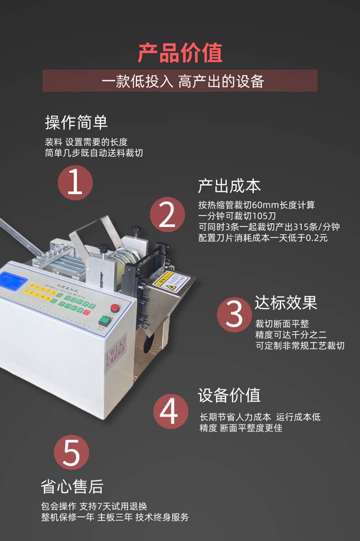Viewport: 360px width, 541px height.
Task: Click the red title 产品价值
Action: (x=180, y=53)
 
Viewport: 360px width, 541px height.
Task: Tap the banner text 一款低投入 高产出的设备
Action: (x=180, y=81)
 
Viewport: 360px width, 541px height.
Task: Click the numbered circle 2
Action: (x=167, y=215)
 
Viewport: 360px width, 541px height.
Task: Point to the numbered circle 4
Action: (x=171, y=411)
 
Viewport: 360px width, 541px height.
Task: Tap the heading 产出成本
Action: (x=229, y=186)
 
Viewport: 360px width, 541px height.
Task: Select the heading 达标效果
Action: (x=286, y=303)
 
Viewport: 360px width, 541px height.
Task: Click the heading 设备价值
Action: (x=229, y=395)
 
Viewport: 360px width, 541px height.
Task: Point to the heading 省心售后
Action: (x=72, y=487)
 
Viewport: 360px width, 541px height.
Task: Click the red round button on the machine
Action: (x=115, y=308)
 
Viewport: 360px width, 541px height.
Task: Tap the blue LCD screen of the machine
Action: (x=13, y=281)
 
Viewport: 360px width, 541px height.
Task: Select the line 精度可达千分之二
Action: (x=291, y=334)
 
